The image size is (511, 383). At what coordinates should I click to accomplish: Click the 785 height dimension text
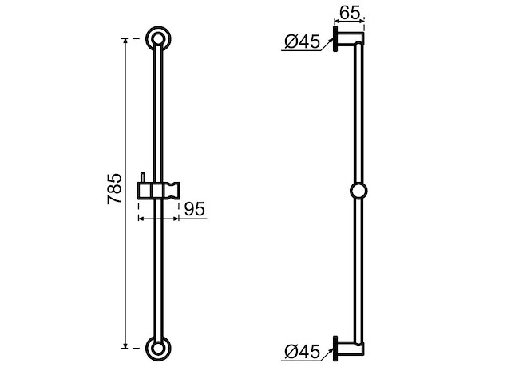tap(115, 188)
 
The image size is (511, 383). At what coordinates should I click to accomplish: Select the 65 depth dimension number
tap(349, 14)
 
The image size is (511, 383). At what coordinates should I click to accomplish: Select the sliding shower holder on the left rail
tap(157, 191)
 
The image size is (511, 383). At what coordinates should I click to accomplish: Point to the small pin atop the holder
tap(142, 176)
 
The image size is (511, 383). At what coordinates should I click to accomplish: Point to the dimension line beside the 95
tap(157, 216)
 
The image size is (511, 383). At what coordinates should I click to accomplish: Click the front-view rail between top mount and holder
tap(157, 112)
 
